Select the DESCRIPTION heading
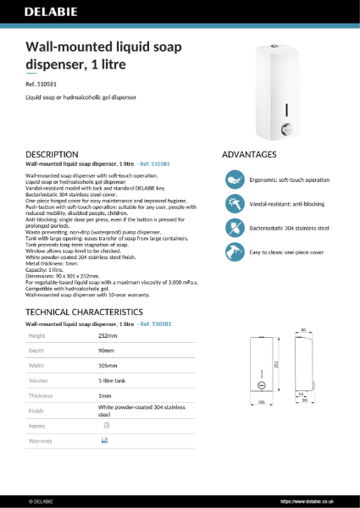click(x=53, y=154)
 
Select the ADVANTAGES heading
click(x=249, y=155)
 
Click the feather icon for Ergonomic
click(x=235, y=179)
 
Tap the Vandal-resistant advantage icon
click(x=235, y=204)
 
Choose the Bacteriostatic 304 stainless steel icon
click(x=235, y=229)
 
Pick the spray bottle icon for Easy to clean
click(x=235, y=252)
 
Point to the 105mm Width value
click(x=108, y=366)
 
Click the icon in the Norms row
click(x=105, y=425)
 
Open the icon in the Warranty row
click(x=105, y=440)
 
